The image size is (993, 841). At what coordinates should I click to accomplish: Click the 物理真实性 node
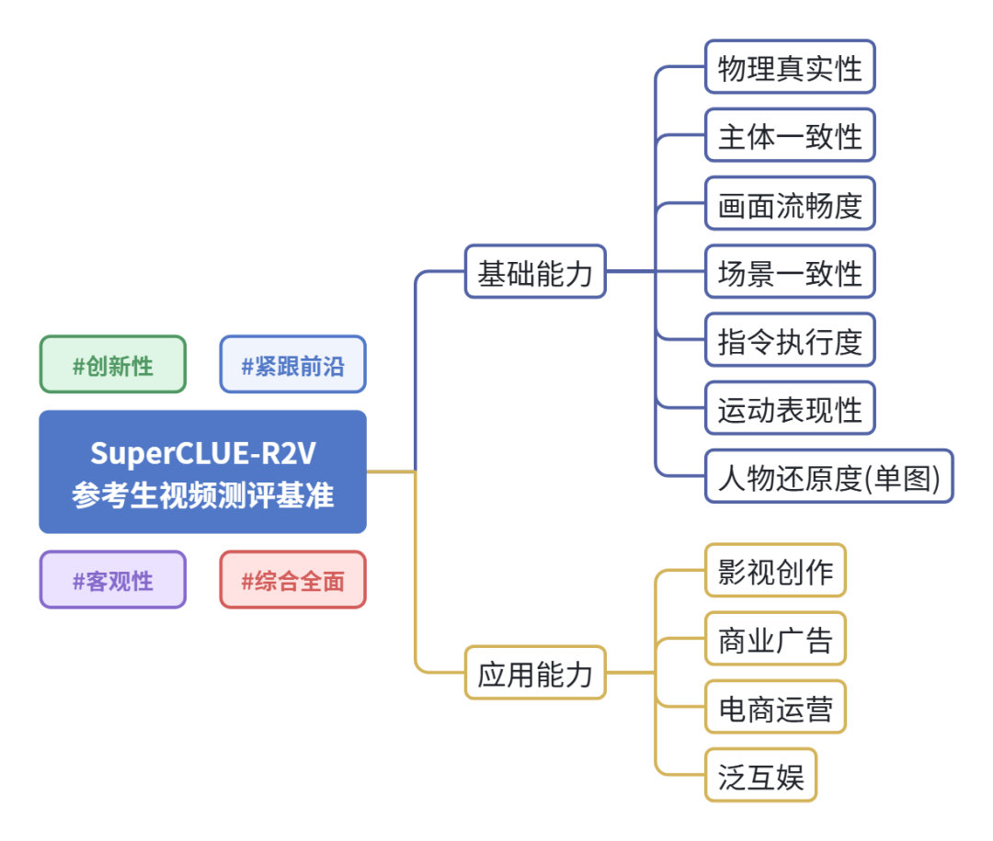(x=790, y=67)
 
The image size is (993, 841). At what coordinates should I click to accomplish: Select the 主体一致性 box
(x=790, y=135)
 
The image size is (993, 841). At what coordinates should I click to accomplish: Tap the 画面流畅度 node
(x=790, y=204)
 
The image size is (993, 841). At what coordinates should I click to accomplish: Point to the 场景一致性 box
(x=790, y=272)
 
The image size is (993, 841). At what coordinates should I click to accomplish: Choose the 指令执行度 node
(x=790, y=340)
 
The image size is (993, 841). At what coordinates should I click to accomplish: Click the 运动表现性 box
(x=790, y=409)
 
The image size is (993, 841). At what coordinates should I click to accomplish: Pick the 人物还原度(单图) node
(x=828, y=477)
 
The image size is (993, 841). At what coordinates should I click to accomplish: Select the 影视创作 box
(x=775, y=571)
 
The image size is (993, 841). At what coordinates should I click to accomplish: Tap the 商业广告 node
(x=775, y=639)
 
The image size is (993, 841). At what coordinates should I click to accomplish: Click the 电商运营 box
(x=775, y=708)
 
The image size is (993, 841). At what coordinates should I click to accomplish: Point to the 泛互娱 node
(x=760, y=776)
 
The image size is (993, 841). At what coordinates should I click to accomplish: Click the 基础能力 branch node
(x=535, y=272)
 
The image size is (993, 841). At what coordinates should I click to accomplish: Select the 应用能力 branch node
(x=535, y=674)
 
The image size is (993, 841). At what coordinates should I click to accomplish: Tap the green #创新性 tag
(x=112, y=365)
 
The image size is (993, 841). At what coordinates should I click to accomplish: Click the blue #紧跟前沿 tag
(x=292, y=365)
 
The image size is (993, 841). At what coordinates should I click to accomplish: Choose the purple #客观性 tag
(x=112, y=580)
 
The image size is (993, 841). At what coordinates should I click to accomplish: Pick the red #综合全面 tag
(x=292, y=580)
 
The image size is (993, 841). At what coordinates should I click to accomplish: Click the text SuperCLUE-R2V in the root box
(x=202, y=453)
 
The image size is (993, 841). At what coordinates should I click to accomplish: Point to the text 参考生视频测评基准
(x=202, y=495)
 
